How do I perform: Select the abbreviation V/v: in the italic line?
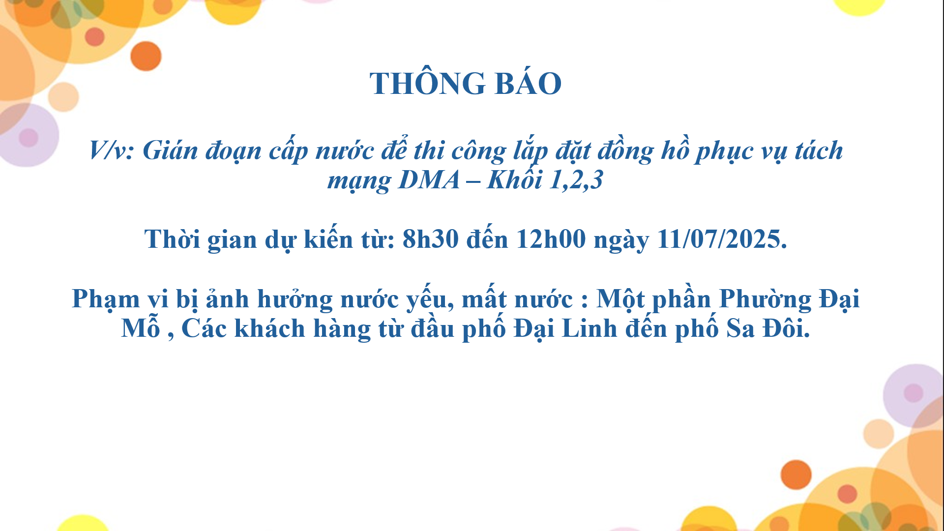[112, 150]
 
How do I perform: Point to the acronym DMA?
[429, 180]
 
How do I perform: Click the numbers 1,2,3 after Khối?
[576, 180]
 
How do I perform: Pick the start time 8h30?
[431, 239]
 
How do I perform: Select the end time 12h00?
[551, 239]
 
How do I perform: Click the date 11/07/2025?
[722, 239]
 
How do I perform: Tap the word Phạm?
[106, 299]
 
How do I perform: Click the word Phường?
[765, 299]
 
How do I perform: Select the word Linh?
[590, 328]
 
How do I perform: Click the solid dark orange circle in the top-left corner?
[146, 56]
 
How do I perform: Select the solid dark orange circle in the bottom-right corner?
[796, 474]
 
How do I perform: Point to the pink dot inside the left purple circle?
[29, 138]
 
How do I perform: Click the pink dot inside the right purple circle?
[914, 393]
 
